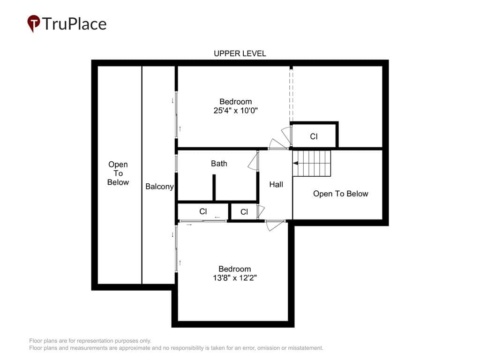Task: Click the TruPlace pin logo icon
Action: (34, 23)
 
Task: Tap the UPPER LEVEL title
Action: (240, 53)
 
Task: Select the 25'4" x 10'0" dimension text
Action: (235, 111)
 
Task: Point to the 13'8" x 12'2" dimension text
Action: (235, 278)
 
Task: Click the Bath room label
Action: (219, 164)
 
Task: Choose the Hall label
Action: (276, 184)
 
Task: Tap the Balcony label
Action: (159, 187)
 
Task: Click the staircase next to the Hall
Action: (312, 163)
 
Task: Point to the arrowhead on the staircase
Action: (295, 163)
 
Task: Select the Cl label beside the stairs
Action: (314, 136)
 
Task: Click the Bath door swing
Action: (253, 161)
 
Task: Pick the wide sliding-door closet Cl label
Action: (203, 211)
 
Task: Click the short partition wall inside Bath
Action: (214, 187)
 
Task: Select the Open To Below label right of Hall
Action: (340, 194)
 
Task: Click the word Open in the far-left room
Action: (118, 165)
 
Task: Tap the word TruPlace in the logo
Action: (75, 24)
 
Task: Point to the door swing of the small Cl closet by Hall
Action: (261, 211)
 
